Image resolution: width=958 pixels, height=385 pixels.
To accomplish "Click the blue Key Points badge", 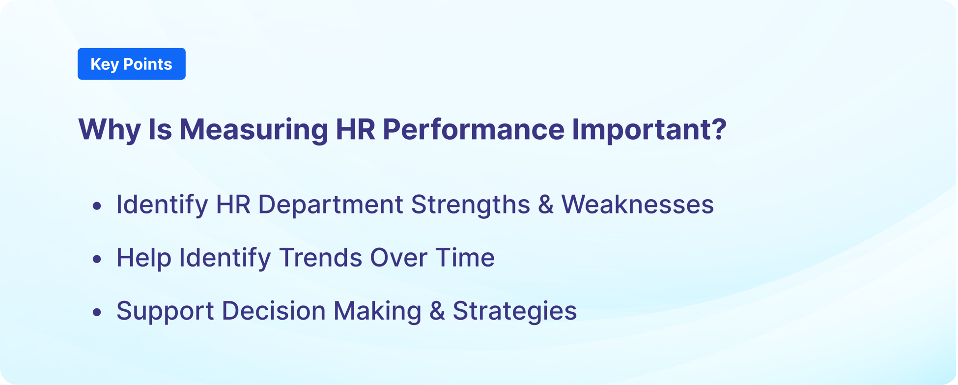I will tap(131, 64).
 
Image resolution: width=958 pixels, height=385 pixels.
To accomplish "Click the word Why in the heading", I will tap(110, 130).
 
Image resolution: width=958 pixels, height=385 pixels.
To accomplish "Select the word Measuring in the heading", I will tap(254, 130).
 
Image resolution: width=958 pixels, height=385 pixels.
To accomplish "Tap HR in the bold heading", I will tap(355, 130).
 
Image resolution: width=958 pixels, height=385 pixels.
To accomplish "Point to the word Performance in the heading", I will tap(474, 130).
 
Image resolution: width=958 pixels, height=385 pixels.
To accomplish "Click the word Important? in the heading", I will tap(648, 130).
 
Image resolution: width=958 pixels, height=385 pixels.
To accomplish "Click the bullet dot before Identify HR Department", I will tap(97, 206).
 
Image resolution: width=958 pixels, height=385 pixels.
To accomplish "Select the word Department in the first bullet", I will tap(330, 205).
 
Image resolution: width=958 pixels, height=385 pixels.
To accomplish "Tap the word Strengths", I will tap(470, 205).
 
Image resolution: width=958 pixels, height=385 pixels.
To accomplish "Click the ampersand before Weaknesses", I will tap(545, 205).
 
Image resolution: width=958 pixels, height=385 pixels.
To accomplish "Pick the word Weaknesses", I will tap(637, 205).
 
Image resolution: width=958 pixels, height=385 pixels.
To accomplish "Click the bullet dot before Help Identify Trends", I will tap(97, 259).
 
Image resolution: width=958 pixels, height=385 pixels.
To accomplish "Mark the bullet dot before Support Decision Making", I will tap(97, 312).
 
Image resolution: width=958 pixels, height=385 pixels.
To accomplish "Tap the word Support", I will tap(165, 311).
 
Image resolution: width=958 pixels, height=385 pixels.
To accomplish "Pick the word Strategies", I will tap(514, 311).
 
